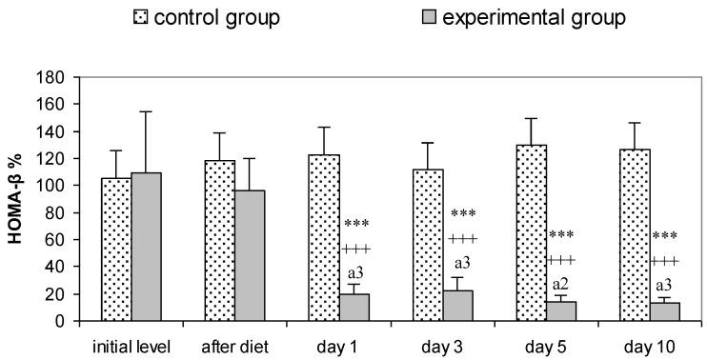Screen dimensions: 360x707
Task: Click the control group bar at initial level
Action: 116,250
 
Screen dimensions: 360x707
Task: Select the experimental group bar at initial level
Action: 146,248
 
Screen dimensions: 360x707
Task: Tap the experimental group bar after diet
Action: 250,256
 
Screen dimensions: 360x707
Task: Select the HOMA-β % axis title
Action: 18,200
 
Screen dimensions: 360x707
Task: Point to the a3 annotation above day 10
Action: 665,284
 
